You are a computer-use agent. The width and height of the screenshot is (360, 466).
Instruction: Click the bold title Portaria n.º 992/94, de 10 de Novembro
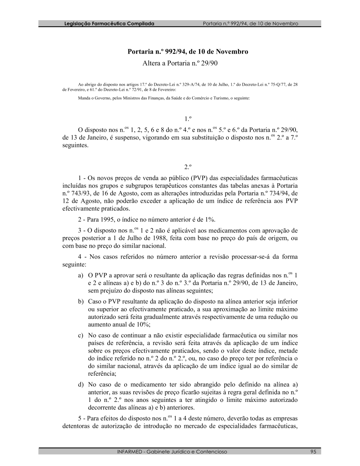(188, 52)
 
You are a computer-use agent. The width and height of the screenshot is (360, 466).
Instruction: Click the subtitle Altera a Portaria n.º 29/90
(180, 63)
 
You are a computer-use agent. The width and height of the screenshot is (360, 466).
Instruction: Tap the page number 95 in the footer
(313, 452)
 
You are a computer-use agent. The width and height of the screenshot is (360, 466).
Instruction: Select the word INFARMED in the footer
(130, 452)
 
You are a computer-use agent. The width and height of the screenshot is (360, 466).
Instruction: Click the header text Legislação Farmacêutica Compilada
(109, 24)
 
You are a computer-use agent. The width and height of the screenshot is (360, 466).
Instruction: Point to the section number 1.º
(188, 119)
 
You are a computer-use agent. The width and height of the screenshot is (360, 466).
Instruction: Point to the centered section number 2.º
(188, 167)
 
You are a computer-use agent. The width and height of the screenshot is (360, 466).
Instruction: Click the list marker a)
(81, 275)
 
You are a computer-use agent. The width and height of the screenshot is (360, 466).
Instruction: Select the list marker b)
(81, 301)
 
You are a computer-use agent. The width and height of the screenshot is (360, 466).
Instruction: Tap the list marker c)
(81, 335)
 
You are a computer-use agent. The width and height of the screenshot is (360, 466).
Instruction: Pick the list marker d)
(81, 385)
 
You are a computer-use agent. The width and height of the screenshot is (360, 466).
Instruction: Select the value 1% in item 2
(210, 220)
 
